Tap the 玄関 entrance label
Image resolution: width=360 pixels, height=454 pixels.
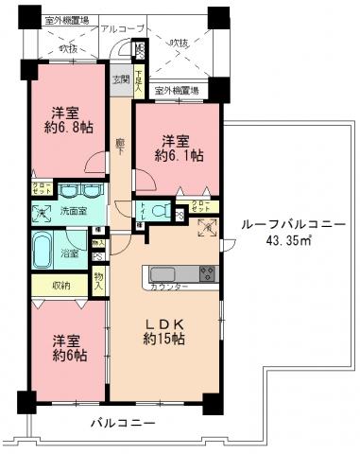(x=121, y=79)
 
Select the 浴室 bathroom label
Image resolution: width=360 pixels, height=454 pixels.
(x=69, y=253)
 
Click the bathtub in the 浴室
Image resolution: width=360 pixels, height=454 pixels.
(x=43, y=253)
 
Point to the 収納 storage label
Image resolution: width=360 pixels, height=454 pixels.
(x=62, y=286)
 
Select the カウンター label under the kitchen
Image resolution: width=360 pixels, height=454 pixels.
(x=169, y=286)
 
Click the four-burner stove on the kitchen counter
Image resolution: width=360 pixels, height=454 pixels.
(x=207, y=273)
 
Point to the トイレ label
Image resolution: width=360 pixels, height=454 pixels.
(x=142, y=210)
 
